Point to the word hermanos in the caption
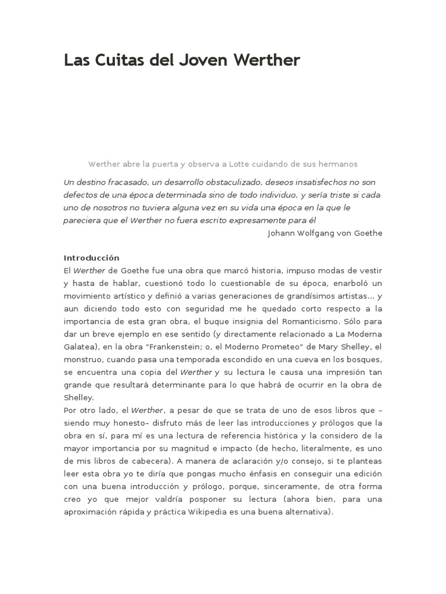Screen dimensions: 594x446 pyautogui.click(x=337, y=164)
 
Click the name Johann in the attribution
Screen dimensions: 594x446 pyautogui.click(x=282, y=233)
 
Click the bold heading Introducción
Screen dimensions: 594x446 pyautogui.click(x=91, y=258)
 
